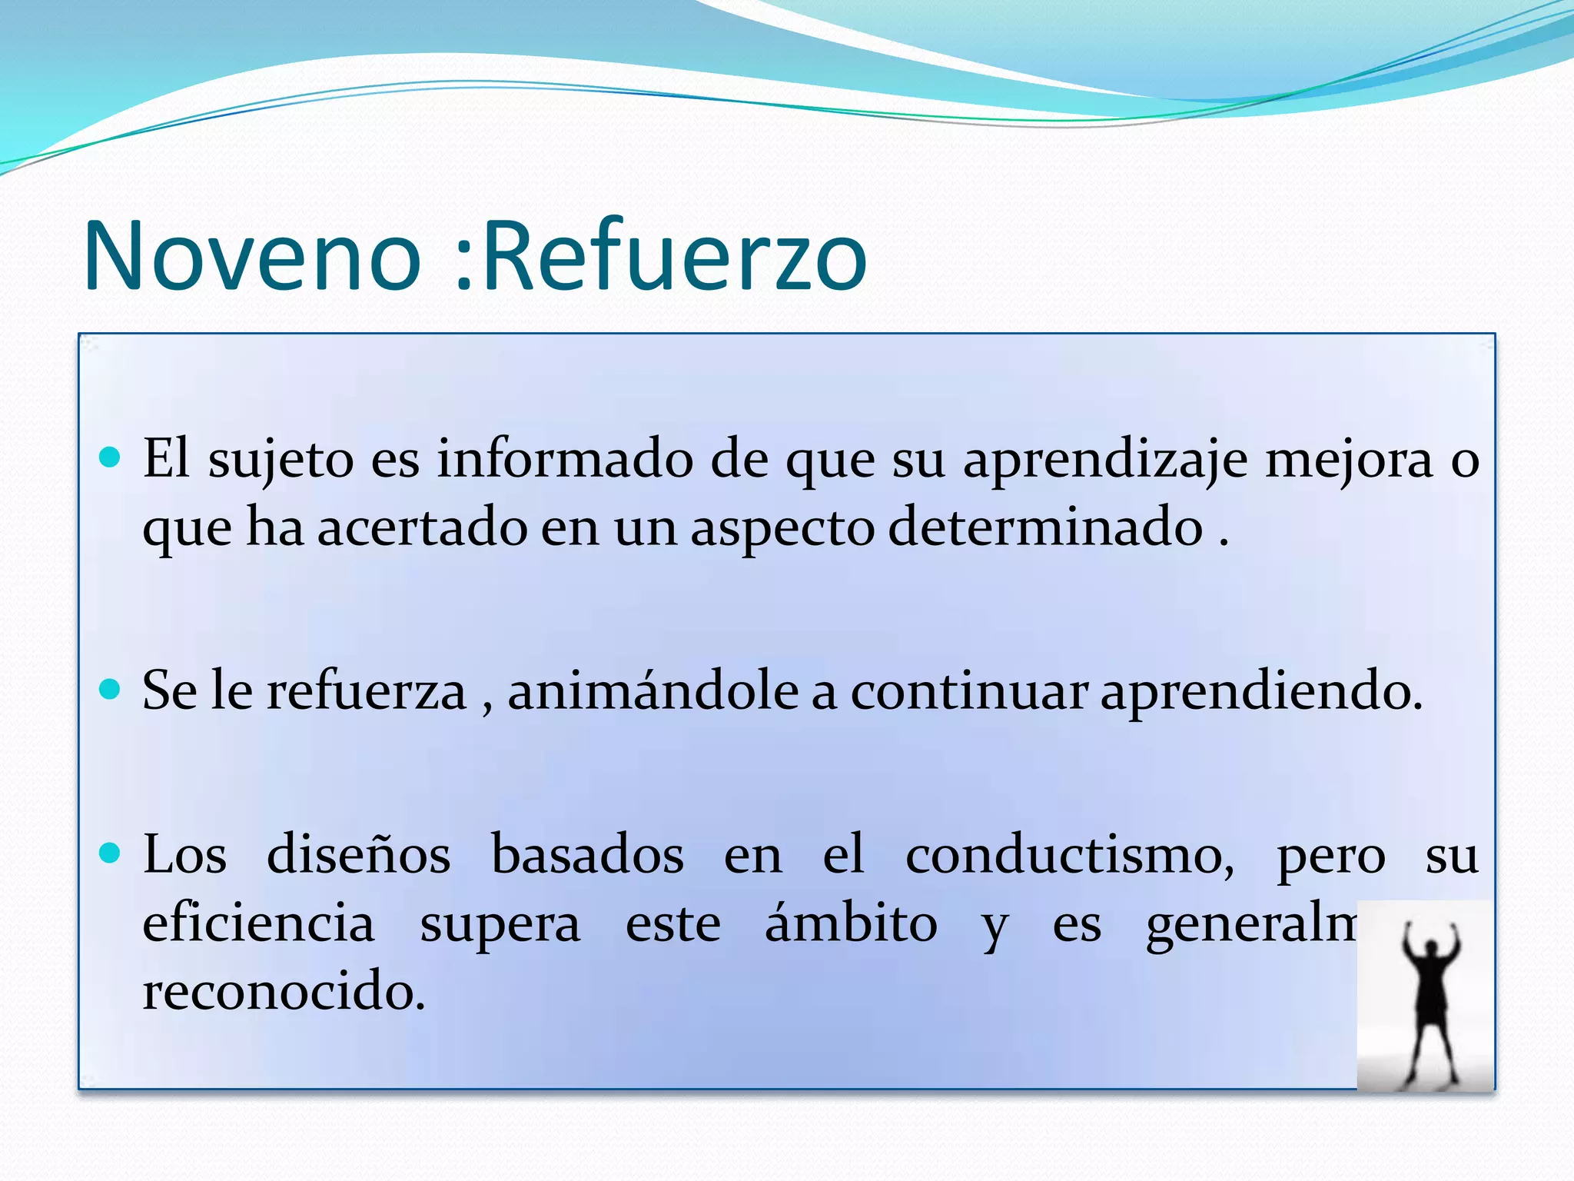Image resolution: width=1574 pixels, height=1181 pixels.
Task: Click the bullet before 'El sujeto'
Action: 111,458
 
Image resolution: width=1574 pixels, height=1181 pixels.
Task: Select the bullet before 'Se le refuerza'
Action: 111,688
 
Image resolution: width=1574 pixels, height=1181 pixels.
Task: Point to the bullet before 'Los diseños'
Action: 111,853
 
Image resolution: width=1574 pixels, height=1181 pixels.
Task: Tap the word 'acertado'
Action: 422,528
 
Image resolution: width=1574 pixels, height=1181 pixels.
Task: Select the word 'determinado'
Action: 1045,528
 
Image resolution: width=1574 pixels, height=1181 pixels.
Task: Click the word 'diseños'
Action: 359,855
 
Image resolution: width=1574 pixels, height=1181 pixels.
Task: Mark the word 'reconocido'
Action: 284,991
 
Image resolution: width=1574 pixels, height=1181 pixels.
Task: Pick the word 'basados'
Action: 587,855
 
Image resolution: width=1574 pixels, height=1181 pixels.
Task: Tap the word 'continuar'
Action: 968,690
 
